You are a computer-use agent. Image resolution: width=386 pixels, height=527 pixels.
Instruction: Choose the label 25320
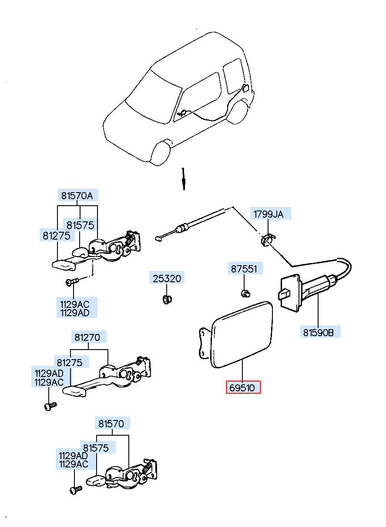point(167,278)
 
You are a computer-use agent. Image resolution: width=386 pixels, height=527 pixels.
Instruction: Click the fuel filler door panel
point(242,335)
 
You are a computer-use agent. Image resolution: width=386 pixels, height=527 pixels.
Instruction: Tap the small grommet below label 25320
point(167,299)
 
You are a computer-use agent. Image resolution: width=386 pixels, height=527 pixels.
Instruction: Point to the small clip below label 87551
point(245,294)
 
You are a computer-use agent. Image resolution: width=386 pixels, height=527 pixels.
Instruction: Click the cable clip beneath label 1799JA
point(268,240)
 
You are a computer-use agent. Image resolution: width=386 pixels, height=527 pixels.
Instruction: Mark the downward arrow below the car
point(183,179)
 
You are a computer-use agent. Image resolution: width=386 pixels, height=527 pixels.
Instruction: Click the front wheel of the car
point(161,153)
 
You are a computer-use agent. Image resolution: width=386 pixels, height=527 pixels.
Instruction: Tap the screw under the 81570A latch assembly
point(72,282)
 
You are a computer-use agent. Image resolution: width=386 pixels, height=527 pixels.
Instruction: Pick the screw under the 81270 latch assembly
point(50,406)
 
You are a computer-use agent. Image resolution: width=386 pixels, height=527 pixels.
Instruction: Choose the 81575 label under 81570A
point(81,225)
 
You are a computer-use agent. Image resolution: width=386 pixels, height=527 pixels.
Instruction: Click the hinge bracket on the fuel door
point(204,344)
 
